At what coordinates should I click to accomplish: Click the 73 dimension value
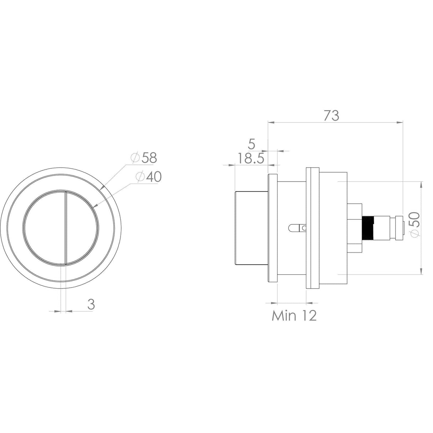click(x=331, y=116)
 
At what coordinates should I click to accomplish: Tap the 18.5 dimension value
click(x=251, y=158)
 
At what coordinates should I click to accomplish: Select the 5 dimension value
click(x=251, y=144)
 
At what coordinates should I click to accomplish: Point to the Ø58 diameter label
click(x=144, y=158)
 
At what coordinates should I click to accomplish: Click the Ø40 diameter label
click(x=148, y=177)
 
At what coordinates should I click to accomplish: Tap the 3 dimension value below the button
click(x=91, y=305)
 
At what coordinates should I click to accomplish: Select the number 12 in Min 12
click(x=308, y=316)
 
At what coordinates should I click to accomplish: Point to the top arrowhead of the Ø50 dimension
click(x=422, y=184)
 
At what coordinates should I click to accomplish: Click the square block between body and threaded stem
click(x=355, y=227)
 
